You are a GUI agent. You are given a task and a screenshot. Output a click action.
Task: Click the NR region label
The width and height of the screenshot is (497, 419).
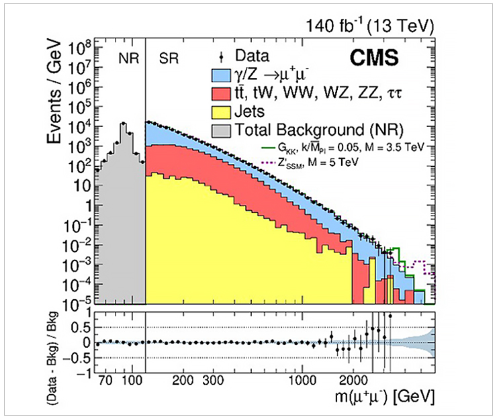(x=127, y=57)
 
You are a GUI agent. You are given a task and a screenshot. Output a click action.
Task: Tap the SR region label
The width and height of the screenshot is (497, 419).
(x=169, y=57)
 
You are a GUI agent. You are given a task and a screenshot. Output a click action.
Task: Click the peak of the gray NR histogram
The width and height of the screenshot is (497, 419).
(x=123, y=124)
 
